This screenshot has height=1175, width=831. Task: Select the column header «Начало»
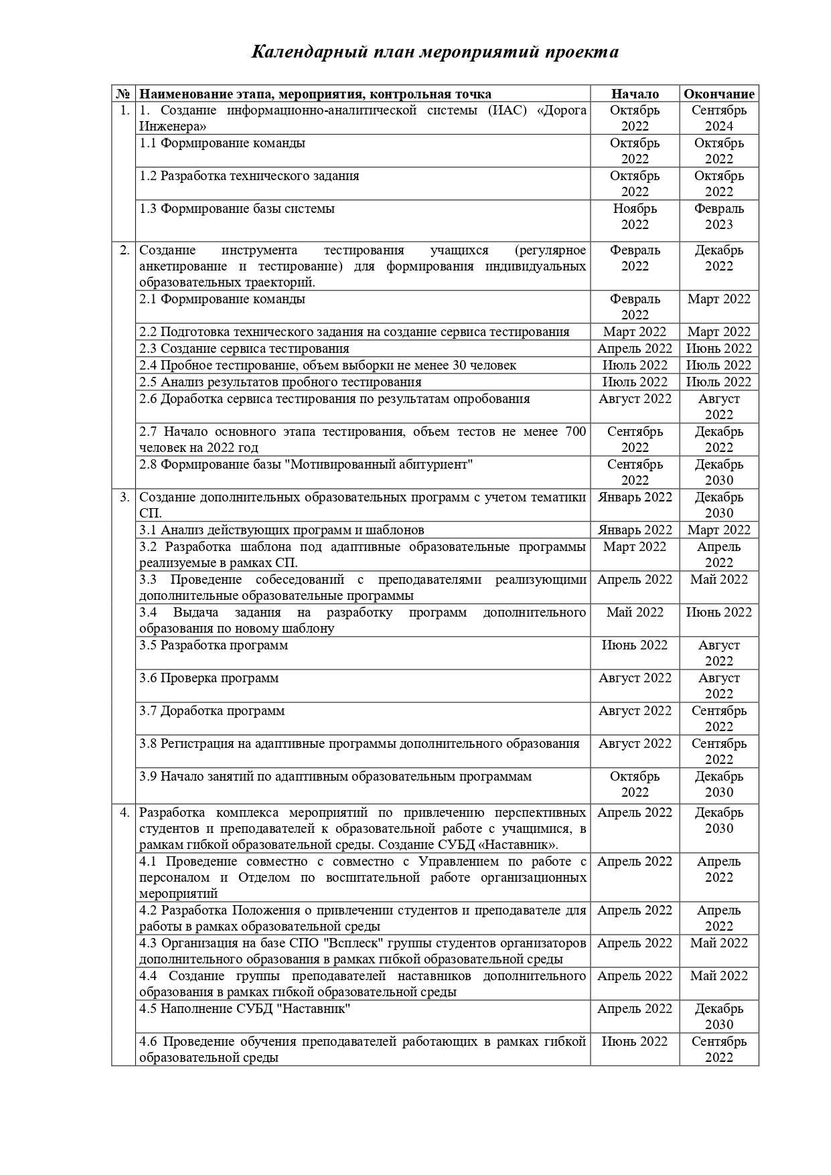tap(634, 94)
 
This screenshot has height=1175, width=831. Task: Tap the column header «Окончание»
tap(719, 94)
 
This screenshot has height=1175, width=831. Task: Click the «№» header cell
tap(123, 94)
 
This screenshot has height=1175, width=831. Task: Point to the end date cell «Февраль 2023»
tap(719, 216)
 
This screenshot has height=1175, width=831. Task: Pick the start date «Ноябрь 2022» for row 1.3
tap(634, 216)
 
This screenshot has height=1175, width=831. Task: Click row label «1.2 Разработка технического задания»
tap(249, 176)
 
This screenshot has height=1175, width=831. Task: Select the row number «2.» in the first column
tap(125, 250)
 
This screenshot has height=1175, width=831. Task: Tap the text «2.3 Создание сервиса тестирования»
tap(244, 349)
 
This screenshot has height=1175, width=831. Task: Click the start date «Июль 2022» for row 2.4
tap(634, 366)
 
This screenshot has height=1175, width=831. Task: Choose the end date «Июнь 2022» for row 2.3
tap(719, 349)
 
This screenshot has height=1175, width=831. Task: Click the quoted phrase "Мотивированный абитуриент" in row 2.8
tap(378, 465)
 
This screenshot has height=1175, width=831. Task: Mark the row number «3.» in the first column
tap(125, 497)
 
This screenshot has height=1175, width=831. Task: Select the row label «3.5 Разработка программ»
tap(214, 645)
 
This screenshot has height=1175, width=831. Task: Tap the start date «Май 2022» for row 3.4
tap(634, 613)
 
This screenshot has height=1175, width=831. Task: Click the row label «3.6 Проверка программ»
tap(209, 678)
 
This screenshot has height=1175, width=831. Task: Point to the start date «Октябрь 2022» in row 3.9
tap(634, 784)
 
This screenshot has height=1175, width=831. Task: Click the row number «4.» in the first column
tap(125, 813)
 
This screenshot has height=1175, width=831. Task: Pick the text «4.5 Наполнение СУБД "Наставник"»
tap(245, 1009)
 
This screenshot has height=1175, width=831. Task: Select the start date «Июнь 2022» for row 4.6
tap(634, 1042)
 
